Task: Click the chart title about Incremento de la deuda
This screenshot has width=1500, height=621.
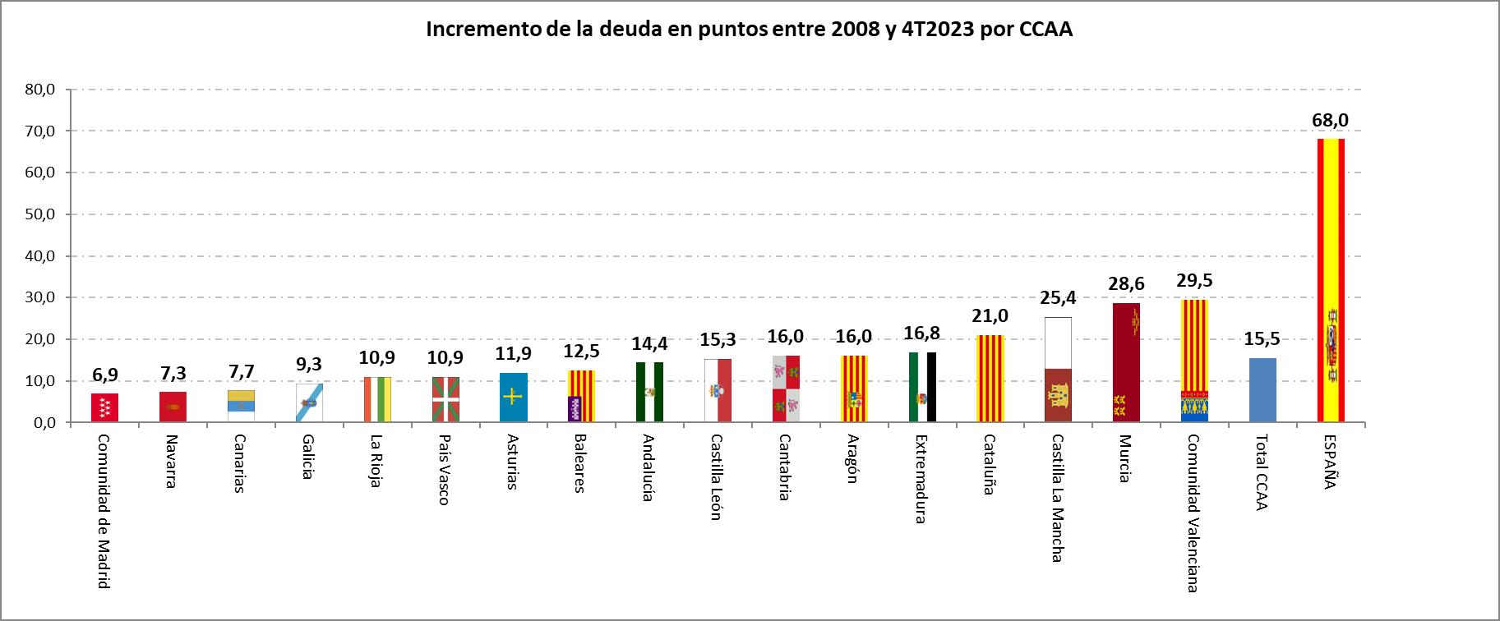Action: click(749, 30)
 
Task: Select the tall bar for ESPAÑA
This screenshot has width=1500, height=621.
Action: click(1330, 279)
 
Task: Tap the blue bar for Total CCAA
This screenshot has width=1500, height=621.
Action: click(1262, 390)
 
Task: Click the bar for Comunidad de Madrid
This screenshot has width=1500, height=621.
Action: click(104, 407)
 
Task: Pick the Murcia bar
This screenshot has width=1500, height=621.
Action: click(1125, 362)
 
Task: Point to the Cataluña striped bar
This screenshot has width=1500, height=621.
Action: click(990, 379)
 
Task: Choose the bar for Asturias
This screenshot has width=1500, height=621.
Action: click(513, 398)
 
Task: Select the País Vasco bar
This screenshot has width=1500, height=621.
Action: click(445, 399)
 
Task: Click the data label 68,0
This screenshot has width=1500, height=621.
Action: click(1330, 121)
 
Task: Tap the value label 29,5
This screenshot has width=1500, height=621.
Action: click(1194, 281)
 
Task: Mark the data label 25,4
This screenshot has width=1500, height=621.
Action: click(1058, 298)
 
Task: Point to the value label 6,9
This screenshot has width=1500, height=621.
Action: click(104, 375)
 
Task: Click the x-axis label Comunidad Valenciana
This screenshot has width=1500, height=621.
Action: click(1193, 513)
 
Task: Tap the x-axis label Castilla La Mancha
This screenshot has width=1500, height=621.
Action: click(1057, 498)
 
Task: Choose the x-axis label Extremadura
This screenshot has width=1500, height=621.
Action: click(921, 478)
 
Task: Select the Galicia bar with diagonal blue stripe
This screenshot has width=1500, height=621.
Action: click(309, 402)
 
